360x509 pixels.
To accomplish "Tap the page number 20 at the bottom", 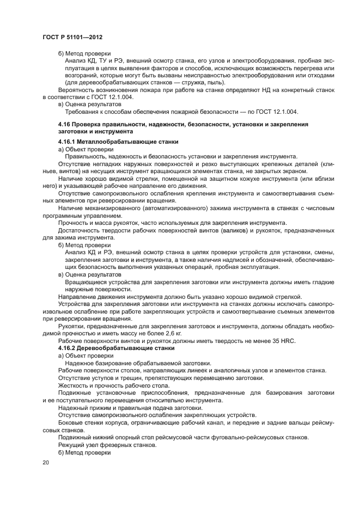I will [x=46, y=462].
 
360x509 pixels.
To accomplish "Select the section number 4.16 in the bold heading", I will [x=65, y=125].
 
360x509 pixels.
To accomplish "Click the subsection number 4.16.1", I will [x=68, y=142].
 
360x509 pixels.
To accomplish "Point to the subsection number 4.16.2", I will [x=68, y=347].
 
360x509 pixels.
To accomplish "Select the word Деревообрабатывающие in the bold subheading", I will [x=111, y=347].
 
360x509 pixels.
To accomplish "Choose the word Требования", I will [x=82, y=112].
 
